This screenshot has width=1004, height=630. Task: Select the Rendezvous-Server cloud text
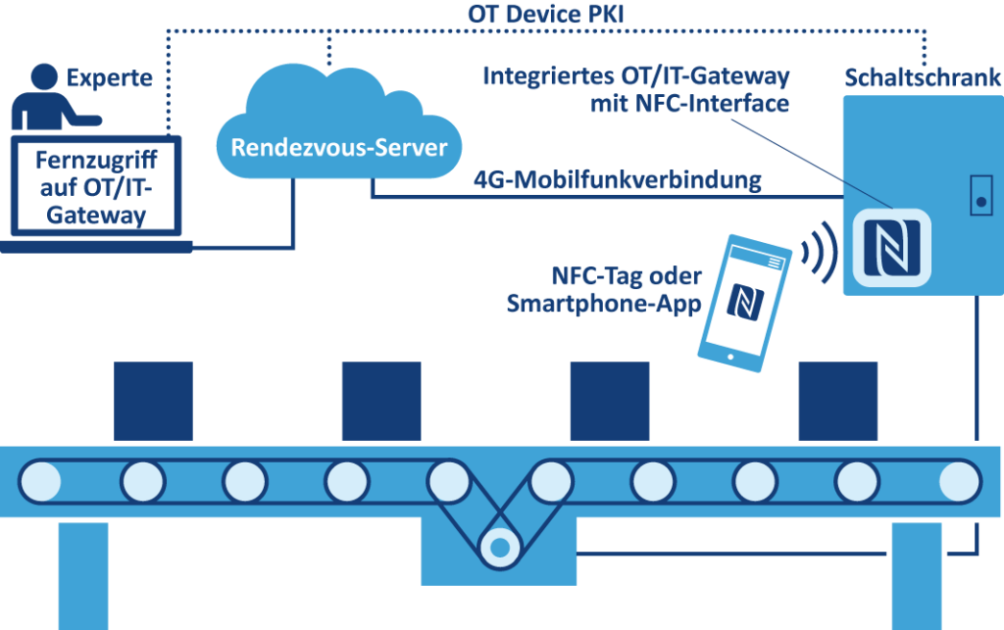(x=338, y=148)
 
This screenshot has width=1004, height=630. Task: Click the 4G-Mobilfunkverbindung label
(x=617, y=181)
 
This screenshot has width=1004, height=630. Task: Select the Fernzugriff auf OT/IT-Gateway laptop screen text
(x=96, y=185)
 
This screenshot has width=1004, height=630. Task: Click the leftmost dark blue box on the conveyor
(x=153, y=401)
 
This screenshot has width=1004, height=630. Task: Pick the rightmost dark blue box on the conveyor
(x=837, y=401)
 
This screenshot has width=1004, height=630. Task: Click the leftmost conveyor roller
(x=40, y=481)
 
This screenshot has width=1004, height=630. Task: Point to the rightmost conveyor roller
(x=958, y=481)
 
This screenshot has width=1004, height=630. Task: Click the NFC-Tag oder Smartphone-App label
(x=604, y=289)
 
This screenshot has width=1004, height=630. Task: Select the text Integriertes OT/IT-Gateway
(x=636, y=77)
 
